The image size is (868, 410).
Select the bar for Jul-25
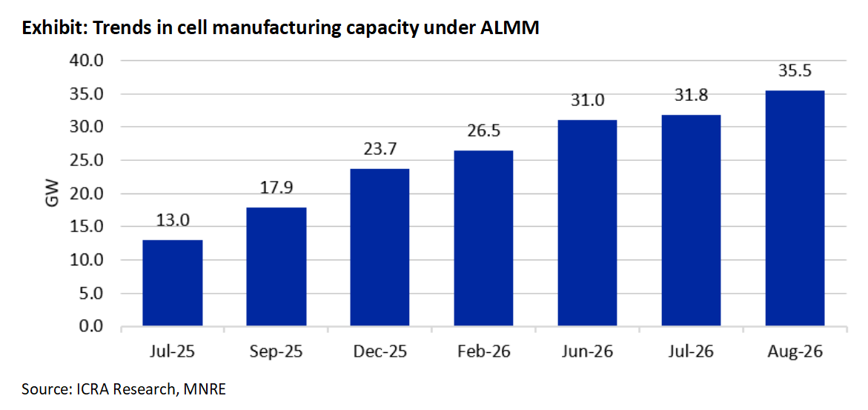(172, 283)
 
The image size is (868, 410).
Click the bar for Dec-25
(380, 248)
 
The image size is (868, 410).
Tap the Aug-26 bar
(795, 208)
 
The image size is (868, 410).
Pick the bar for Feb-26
(483, 238)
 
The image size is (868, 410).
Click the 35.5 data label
(795, 71)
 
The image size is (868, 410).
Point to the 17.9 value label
(276, 188)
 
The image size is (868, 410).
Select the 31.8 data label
(692, 96)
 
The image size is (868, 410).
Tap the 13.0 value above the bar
(172, 221)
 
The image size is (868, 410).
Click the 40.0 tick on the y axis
(87, 60)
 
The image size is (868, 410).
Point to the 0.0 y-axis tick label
(90, 327)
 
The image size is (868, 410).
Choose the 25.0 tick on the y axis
(87, 161)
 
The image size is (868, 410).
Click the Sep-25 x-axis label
(276, 352)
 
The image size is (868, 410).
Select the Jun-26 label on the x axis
(587, 352)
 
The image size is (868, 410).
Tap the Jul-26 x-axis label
(692, 352)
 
